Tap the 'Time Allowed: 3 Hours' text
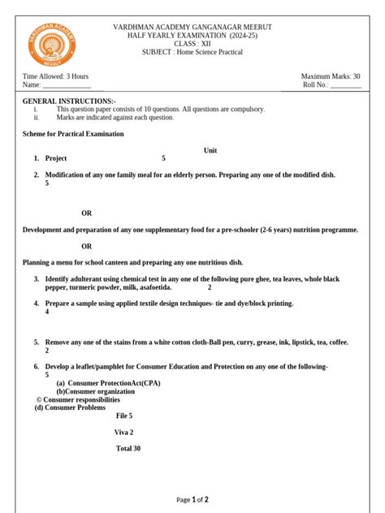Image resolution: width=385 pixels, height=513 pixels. (55, 75)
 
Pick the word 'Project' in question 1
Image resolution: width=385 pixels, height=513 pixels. (56, 158)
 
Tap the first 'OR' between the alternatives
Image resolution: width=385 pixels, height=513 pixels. (87, 213)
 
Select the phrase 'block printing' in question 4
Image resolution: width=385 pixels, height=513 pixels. (266, 304)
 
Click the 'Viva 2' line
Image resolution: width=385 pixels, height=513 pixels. (124, 432)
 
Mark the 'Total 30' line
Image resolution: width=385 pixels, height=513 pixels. (128, 448)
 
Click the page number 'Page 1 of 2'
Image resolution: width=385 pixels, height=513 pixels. (192, 500)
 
